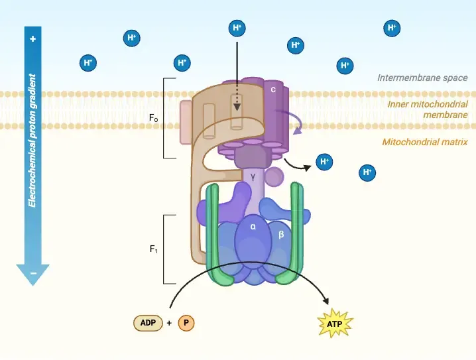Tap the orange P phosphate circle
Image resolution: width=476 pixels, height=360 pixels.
[x=186, y=323]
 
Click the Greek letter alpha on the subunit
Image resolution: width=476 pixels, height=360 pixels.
[x=253, y=226]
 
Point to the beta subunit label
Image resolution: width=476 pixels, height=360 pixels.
[x=281, y=235]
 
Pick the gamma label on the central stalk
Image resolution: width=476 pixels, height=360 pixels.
[x=253, y=177]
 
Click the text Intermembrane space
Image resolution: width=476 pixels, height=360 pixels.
[x=422, y=78]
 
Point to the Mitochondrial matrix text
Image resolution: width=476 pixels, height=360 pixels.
[x=425, y=141]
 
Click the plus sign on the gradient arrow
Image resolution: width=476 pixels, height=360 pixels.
[x=32, y=39]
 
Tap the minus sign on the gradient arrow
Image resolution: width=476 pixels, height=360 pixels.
[x=32, y=273]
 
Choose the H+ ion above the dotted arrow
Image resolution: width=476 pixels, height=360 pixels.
[x=237, y=28]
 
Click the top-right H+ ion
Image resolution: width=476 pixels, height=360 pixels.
[x=392, y=28]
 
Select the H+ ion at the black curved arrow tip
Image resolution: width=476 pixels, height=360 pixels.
[x=324, y=161]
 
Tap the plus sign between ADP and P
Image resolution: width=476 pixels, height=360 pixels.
[x=169, y=323]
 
